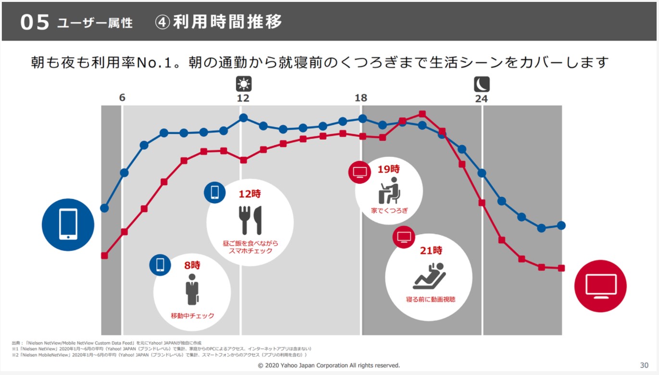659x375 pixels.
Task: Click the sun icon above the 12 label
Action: tap(244, 85)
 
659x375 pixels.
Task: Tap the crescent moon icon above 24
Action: tap(482, 85)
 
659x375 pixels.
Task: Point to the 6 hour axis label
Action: tap(122, 98)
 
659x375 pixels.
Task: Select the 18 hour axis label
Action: tap(361, 98)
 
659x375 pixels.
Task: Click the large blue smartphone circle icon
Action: tap(68, 225)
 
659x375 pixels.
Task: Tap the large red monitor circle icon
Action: tap(600, 286)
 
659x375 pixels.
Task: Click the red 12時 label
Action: tap(250, 194)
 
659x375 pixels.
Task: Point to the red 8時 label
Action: tap(192, 265)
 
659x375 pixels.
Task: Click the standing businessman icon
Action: tap(192, 290)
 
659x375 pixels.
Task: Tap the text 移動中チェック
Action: tap(192, 316)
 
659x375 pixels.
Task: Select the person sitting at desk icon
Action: tap(389, 190)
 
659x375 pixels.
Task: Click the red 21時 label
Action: tap(431, 250)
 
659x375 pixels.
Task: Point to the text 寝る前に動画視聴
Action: tap(431, 299)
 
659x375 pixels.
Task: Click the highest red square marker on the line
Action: tap(422, 114)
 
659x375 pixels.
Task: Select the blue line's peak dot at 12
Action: tap(244, 118)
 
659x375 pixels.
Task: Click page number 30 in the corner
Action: tap(644, 365)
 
